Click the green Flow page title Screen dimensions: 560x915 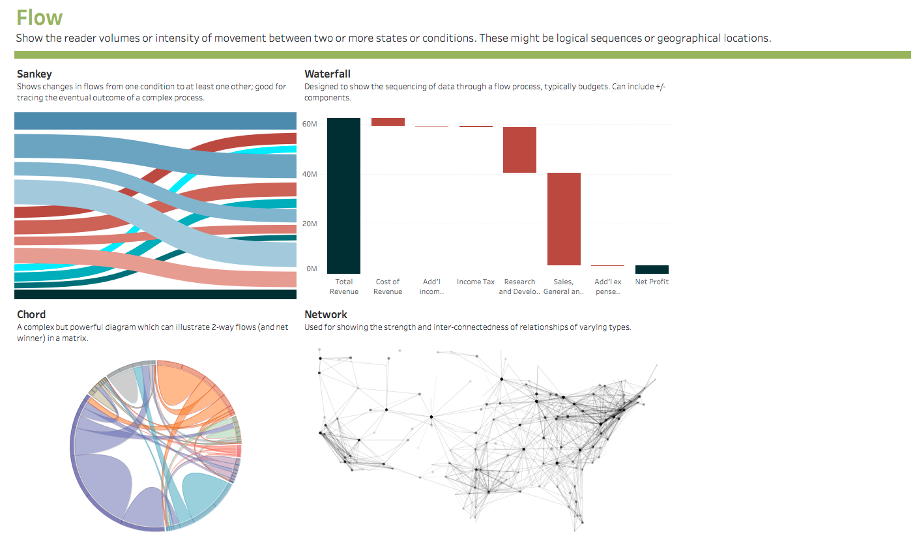click(40, 18)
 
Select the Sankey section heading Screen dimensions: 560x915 click(35, 74)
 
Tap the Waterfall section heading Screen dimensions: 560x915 click(327, 74)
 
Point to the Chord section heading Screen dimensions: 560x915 click(31, 314)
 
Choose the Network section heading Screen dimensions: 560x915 click(326, 314)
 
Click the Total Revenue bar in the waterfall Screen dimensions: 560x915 click(343, 196)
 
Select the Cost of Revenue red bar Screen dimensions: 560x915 click(388, 122)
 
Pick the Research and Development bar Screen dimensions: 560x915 click(519, 150)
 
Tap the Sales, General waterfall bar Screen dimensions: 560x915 click(564, 218)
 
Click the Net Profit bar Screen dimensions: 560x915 click(652, 269)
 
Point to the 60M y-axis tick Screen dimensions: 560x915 click(310, 124)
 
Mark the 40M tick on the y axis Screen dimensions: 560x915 click(310, 174)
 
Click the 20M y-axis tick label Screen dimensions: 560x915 click(310, 224)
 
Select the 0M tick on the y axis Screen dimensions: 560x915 click(312, 269)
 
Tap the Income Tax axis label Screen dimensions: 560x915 click(476, 282)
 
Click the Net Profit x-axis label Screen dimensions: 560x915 click(652, 282)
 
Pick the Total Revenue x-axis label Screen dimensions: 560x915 click(344, 287)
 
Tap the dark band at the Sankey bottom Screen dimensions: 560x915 click(155, 294)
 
